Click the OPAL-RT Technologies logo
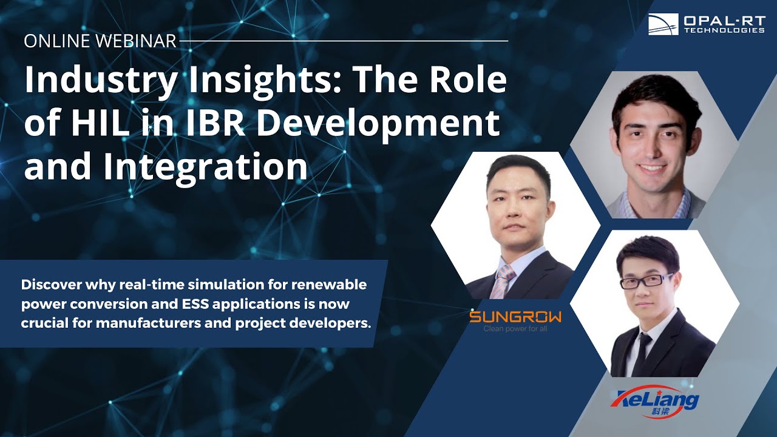coord(706,24)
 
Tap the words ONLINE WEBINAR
coord(100,41)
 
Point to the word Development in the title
coord(377,123)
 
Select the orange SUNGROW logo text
coord(515,317)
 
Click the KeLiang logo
coord(655,400)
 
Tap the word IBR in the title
coord(216,123)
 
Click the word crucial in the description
coord(44,322)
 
